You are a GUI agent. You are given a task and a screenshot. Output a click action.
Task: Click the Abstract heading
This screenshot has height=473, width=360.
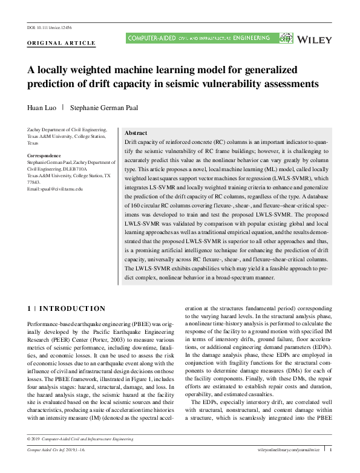136,132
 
